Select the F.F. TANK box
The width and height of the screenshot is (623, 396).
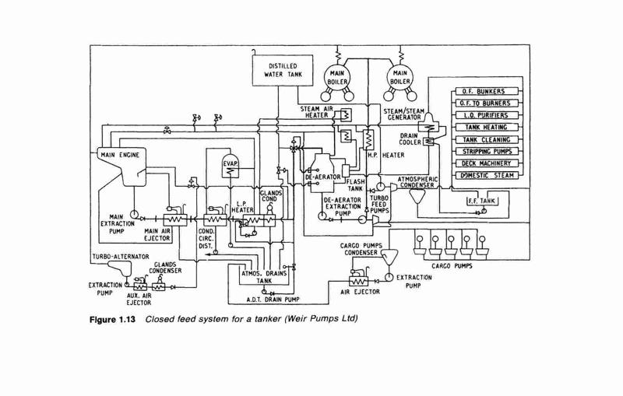tap(482, 201)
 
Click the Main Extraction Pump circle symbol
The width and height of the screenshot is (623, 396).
tap(133, 214)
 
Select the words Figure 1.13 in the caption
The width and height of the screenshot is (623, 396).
tap(112, 320)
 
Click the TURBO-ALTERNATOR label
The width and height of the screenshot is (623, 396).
tap(121, 257)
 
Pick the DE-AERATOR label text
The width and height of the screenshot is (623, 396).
tap(322, 177)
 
